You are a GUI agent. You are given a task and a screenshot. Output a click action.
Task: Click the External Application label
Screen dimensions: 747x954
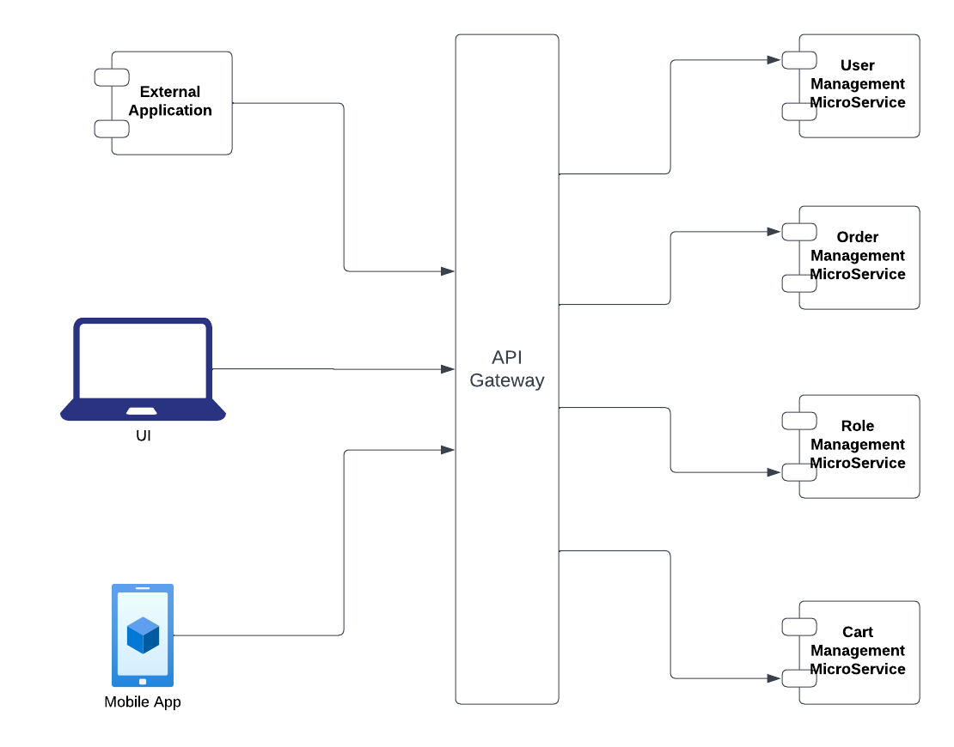tap(170, 101)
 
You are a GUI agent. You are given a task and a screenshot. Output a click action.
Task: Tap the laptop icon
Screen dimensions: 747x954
tap(143, 370)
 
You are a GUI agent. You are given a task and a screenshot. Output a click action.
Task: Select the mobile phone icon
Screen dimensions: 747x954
tap(143, 635)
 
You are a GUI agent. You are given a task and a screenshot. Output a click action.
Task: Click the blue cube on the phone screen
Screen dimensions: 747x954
tap(143, 635)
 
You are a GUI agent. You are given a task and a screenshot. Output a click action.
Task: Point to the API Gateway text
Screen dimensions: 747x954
tap(507, 369)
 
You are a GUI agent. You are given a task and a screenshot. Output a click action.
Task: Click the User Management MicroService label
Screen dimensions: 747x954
tap(858, 84)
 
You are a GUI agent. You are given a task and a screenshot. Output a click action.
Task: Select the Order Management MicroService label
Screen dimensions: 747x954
tap(858, 256)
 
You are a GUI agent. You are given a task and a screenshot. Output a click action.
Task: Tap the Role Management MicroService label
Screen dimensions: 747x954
tap(858, 445)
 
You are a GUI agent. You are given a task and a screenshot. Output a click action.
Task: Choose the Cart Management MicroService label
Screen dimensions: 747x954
tap(858, 651)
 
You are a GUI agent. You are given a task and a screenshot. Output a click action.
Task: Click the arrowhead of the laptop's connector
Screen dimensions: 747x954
tap(448, 369)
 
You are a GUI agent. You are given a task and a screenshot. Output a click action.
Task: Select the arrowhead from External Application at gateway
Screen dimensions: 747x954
tap(448, 271)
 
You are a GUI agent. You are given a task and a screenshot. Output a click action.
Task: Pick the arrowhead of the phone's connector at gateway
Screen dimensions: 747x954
tap(448, 450)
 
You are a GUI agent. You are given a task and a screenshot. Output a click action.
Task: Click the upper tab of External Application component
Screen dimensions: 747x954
tap(112, 77)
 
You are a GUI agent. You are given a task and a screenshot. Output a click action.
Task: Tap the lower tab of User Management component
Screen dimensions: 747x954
tap(798, 112)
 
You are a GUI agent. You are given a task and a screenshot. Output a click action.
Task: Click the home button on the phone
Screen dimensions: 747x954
tap(143, 682)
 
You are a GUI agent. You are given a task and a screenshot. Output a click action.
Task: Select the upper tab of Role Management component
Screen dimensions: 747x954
tap(798, 421)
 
